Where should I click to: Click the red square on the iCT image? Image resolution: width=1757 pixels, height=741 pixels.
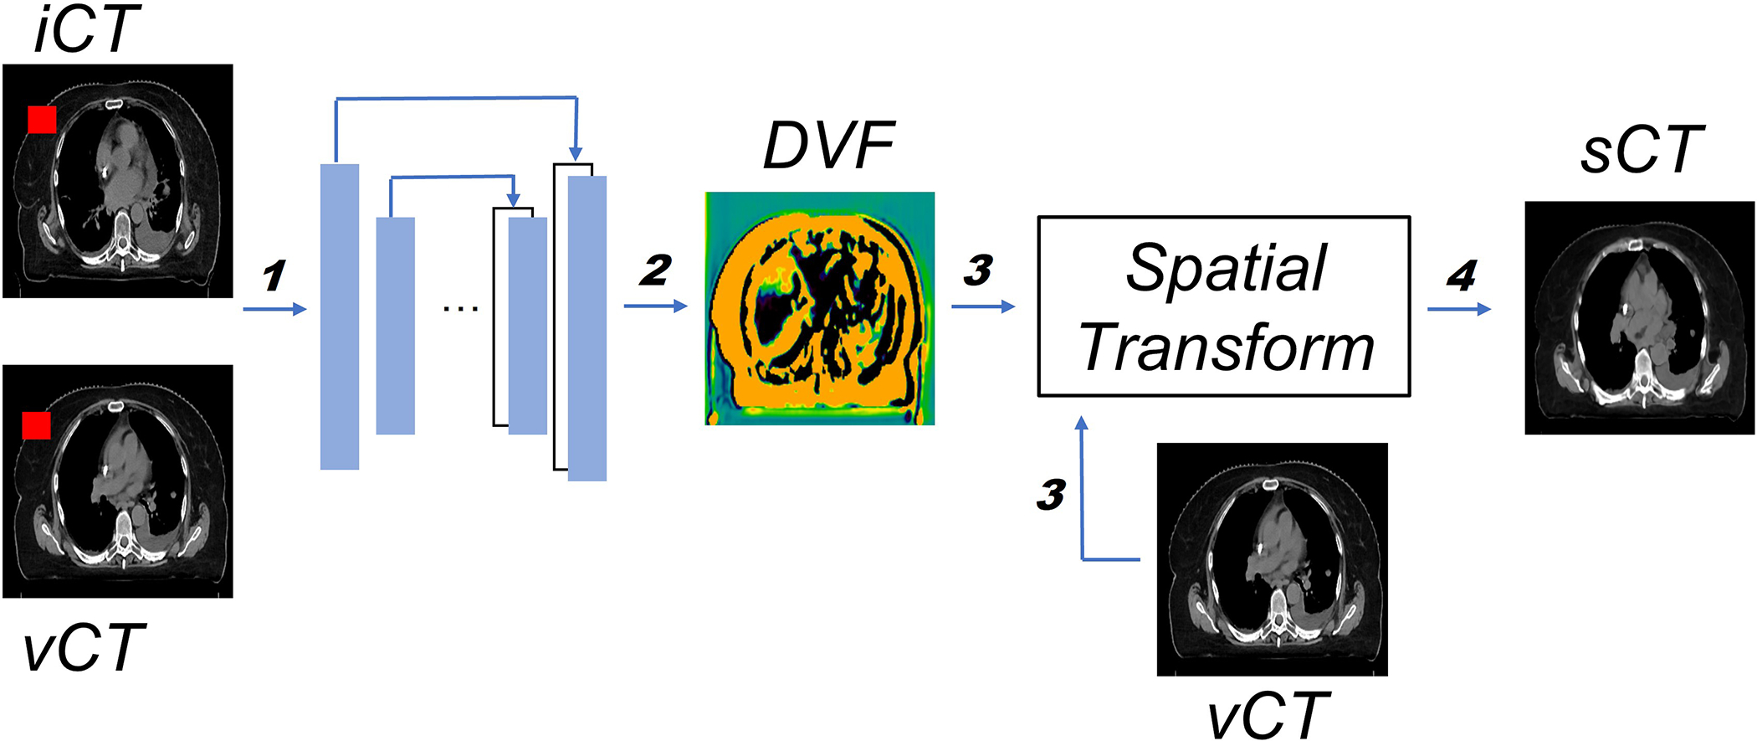42,120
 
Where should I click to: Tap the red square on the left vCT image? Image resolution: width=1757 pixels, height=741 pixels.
36,425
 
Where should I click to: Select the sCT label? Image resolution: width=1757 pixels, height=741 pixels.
1642,151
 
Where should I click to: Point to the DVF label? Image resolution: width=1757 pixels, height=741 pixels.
828,147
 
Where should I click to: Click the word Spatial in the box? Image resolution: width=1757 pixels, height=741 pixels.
1226,269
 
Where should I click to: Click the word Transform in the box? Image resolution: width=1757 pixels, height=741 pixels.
1227,347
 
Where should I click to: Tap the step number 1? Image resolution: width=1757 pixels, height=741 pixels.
274,276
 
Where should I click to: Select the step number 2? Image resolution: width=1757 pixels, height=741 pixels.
655,270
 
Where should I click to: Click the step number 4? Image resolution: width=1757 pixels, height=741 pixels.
1461,275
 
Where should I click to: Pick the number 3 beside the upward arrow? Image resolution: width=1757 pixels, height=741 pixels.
1051,495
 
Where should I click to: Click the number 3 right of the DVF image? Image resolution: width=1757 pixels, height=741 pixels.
978,270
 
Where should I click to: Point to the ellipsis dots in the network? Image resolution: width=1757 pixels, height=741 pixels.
461,309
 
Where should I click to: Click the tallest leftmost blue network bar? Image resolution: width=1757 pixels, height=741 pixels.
340,316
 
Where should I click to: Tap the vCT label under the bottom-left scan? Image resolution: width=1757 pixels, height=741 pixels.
84,649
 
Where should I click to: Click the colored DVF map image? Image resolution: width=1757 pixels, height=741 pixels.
819,309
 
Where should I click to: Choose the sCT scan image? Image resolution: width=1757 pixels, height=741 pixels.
1639,317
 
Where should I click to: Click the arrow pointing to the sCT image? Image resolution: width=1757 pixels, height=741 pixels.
1459,309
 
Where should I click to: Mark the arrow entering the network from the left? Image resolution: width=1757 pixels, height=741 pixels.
274,310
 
